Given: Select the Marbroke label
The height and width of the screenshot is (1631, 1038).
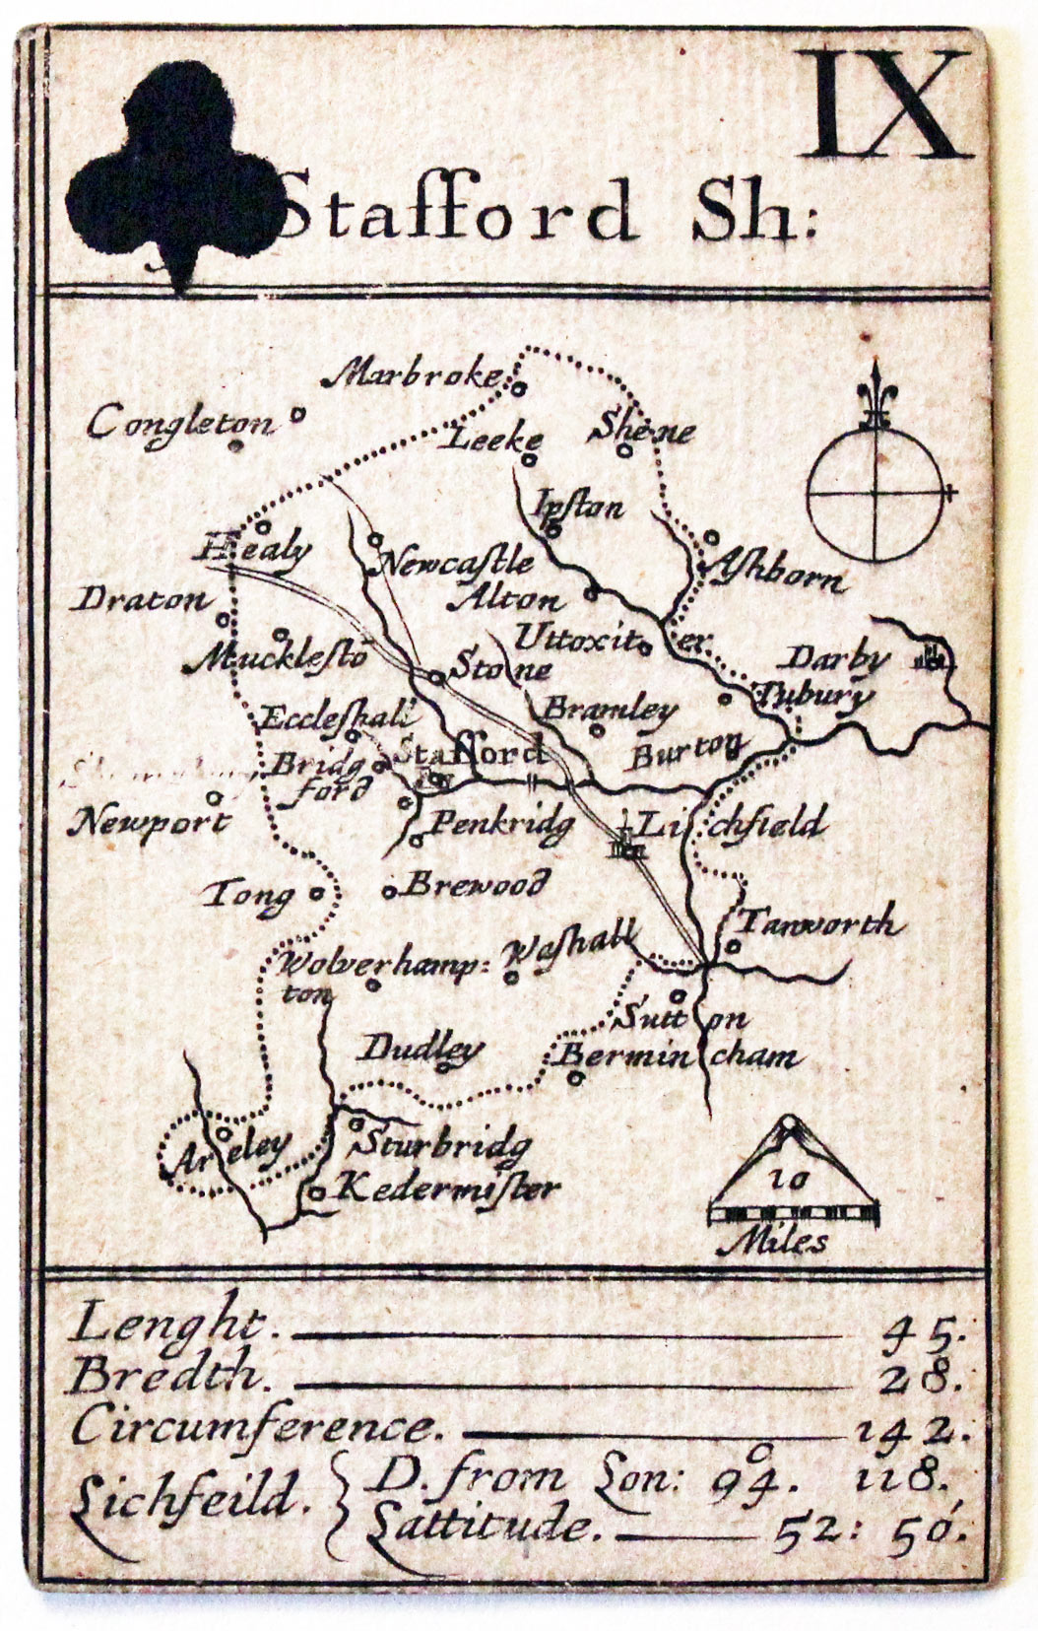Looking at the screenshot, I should point(415,375).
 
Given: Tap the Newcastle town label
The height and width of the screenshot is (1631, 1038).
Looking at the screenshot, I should point(456,565).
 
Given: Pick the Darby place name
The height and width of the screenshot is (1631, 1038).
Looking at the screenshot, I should point(838,658).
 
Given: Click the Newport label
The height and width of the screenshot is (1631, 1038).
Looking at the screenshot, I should point(148,822).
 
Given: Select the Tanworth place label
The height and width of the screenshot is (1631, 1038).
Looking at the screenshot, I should point(817,923).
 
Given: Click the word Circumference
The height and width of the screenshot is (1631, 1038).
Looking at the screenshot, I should point(251,1426).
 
